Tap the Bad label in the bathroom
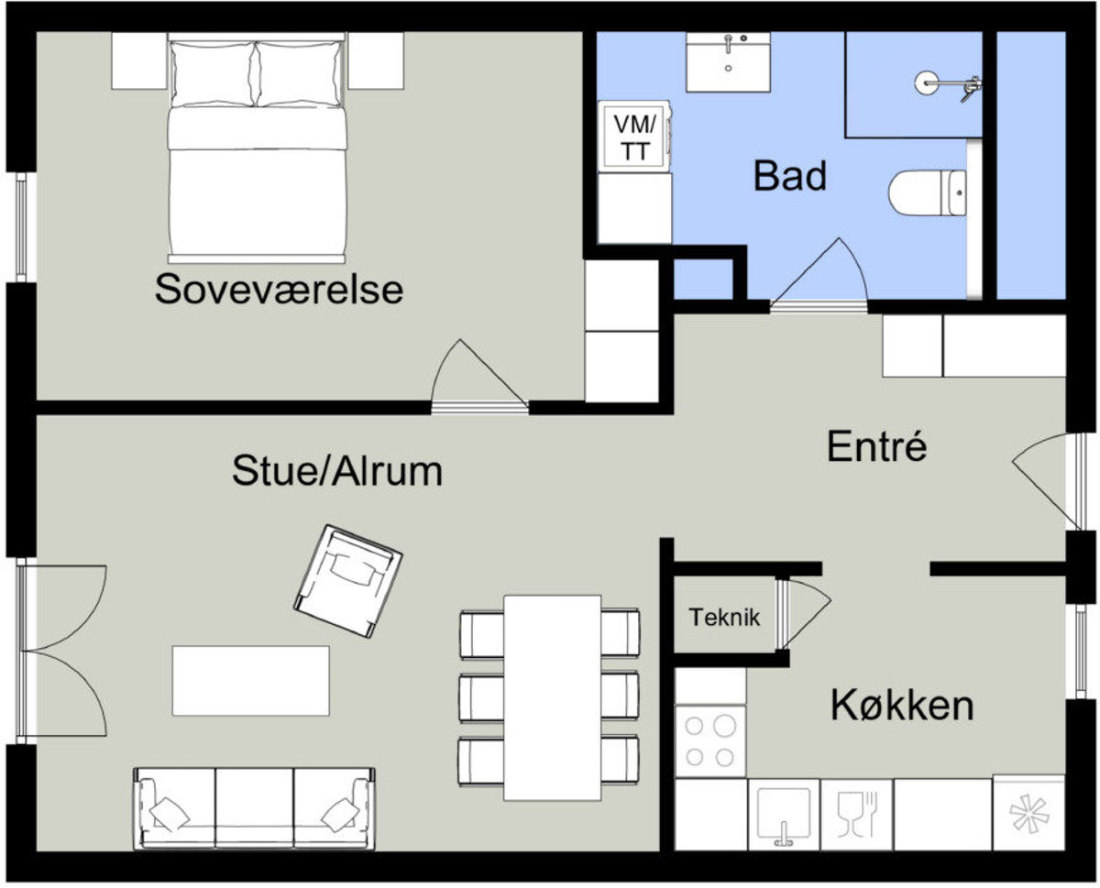point(789,176)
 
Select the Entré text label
point(877,446)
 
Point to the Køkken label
point(902,706)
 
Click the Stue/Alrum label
point(337,471)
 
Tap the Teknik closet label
point(724,618)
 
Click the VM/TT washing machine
point(634,137)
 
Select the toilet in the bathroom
point(927,192)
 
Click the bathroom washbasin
point(728,62)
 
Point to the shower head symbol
point(948,83)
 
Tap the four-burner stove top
point(710,741)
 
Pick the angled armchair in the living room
point(348,581)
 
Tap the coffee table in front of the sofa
point(250,681)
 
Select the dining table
point(552,698)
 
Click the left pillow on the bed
point(213,74)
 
